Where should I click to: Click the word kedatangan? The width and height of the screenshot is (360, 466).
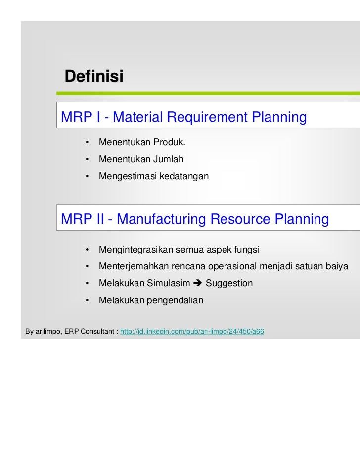(184, 176)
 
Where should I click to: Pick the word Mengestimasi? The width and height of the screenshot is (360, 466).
(128, 176)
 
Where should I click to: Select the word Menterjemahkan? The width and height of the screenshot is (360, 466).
(134, 266)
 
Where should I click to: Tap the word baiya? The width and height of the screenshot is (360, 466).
(337, 266)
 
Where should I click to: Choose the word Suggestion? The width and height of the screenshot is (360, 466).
(229, 283)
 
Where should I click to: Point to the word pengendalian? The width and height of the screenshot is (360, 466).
(175, 300)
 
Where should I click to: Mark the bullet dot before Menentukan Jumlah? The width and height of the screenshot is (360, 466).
(87, 160)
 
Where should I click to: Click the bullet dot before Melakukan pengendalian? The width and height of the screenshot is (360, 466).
(87, 300)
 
